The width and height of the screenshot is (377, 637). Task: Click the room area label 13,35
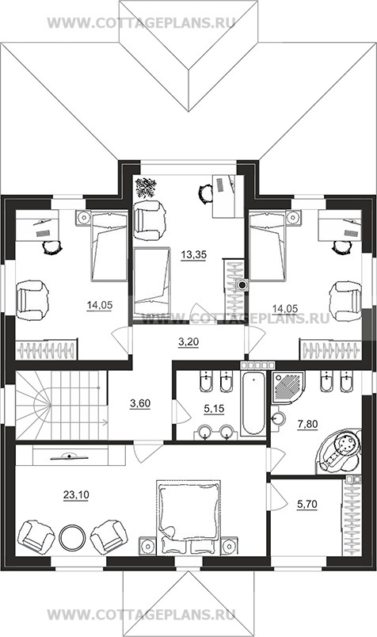tap(194, 255)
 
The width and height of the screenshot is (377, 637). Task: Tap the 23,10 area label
tap(76, 495)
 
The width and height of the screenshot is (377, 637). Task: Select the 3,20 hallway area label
tap(188, 342)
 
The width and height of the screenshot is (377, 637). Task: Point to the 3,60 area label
tap(140, 403)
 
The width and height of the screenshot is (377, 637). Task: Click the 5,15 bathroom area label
tap(214, 409)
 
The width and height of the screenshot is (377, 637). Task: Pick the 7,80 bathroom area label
tap(307, 425)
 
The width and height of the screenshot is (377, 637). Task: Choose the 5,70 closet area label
tap(307, 505)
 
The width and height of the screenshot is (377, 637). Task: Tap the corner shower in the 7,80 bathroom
tap(288, 387)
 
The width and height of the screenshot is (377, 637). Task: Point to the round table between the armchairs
tap(72, 537)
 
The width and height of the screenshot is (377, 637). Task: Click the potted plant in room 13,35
tap(146, 187)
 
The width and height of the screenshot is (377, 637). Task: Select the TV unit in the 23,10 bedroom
tap(70, 456)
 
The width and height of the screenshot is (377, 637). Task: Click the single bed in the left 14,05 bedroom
tap(109, 246)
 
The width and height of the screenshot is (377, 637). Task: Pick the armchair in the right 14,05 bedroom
tap(345, 301)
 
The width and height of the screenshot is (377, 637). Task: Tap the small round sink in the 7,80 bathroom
tap(278, 418)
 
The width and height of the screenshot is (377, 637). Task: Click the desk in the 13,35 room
tap(228, 196)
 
